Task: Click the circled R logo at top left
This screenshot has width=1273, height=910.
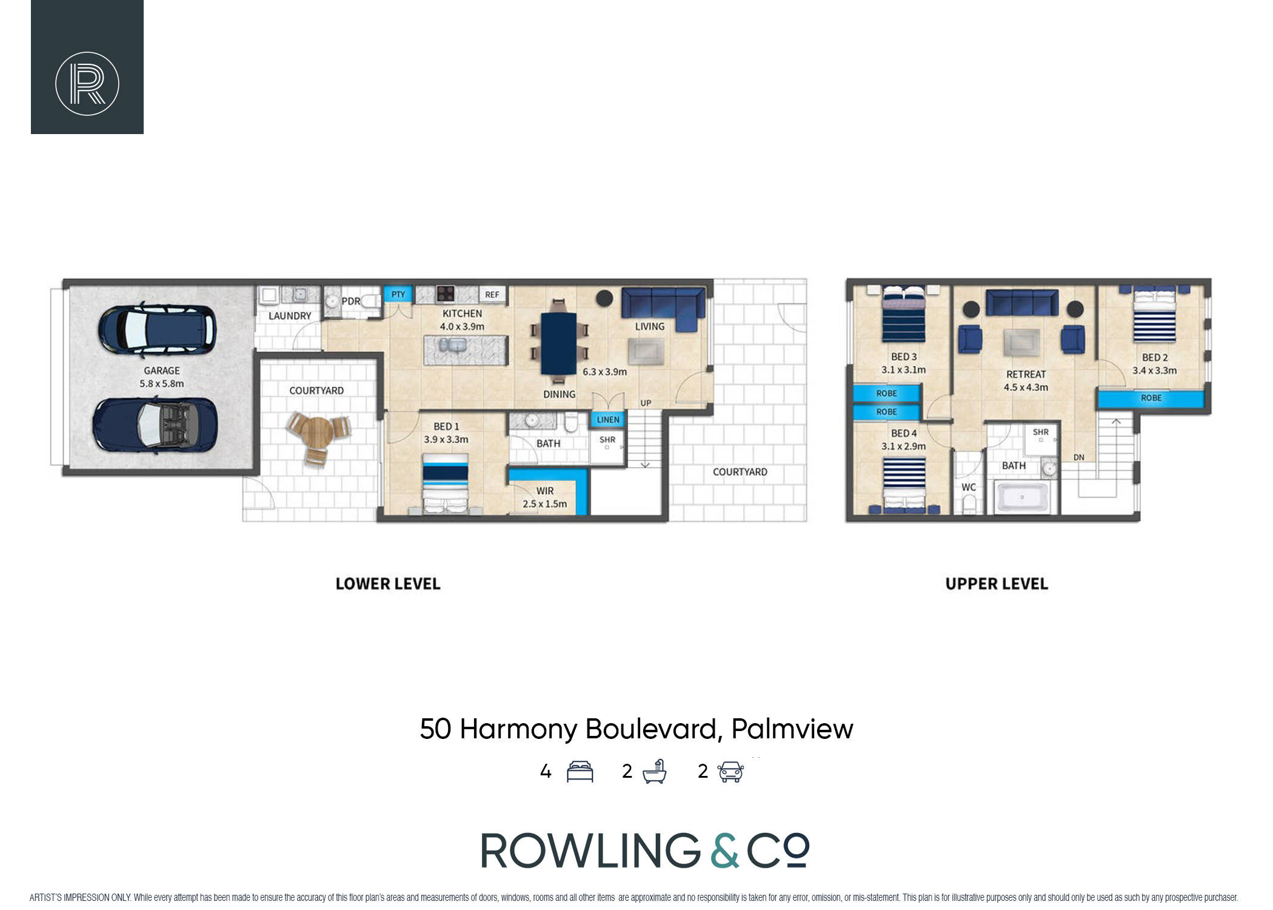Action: (x=87, y=84)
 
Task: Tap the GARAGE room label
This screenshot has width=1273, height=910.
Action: (x=162, y=371)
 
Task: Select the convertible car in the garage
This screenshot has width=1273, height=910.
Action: (x=155, y=425)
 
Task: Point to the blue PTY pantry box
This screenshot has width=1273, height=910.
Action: (x=398, y=294)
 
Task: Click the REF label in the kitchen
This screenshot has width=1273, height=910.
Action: (x=492, y=295)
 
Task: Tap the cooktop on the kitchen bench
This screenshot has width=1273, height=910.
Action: (x=446, y=294)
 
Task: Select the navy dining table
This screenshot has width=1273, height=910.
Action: (x=558, y=343)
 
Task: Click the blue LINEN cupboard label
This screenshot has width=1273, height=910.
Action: (x=608, y=419)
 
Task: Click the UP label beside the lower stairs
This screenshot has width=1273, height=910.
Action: (x=646, y=403)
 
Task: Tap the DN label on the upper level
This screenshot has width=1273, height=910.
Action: (x=1079, y=457)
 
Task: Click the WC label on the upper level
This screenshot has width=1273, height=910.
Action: (x=969, y=487)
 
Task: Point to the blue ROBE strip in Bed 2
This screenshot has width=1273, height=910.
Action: (x=1151, y=399)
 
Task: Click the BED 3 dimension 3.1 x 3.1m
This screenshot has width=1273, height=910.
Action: (x=903, y=369)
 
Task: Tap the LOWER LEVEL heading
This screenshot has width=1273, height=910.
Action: (x=388, y=584)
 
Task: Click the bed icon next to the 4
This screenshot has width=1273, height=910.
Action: (x=580, y=771)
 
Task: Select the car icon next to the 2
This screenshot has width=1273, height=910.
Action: (x=730, y=772)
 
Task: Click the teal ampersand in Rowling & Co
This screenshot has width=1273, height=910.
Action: (x=724, y=851)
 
